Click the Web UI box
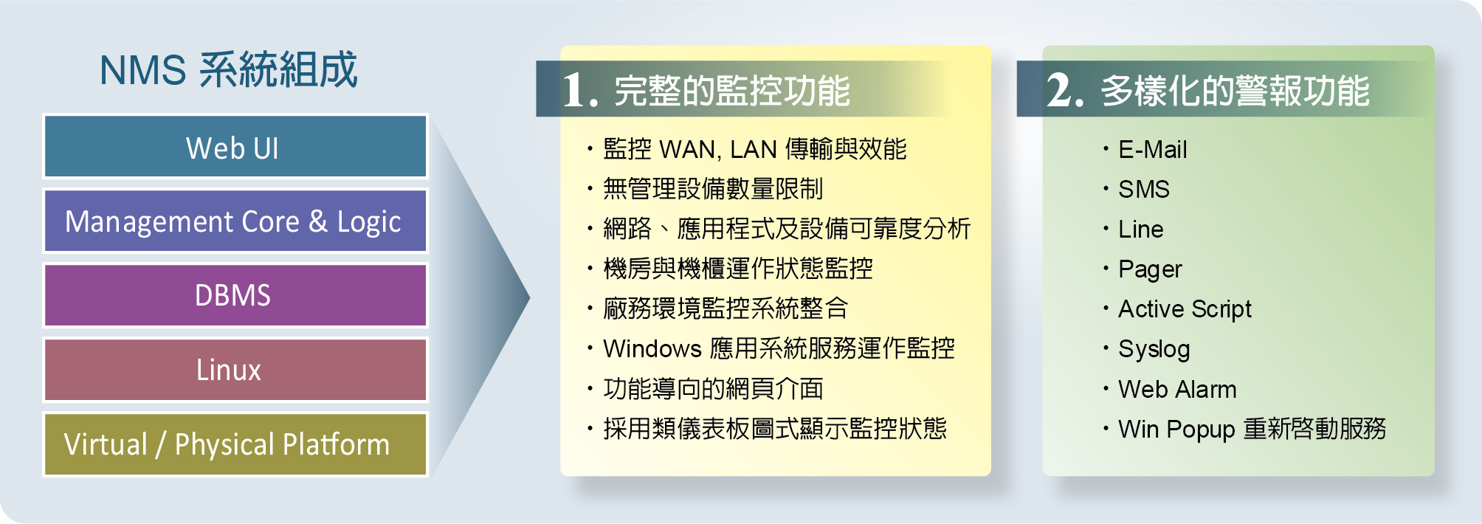click(x=235, y=146)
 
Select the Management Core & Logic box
click(x=235, y=221)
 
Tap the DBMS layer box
click(x=235, y=295)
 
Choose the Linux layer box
click(x=235, y=369)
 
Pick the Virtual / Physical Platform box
click(x=235, y=444)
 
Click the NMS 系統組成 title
click(x=228, y=70)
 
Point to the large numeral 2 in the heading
click(x=1065, y=91)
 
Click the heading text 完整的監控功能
click(x=732, y=91)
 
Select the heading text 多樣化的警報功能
click(x=1235, y=91)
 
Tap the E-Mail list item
click(x=1153, y=150)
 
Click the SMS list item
click(x=1144, y=190)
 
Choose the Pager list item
click(x=1150, y=270)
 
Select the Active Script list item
click(x=1185, y=309)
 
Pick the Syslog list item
click(x=1154, y=350)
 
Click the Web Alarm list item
click(x=1177, y=389)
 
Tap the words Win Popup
click(x=1176, y=430)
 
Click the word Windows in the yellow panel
click(x=652, y=348)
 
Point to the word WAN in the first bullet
click(x=690, y=150)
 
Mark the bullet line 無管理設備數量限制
click(x=713, y=189)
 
